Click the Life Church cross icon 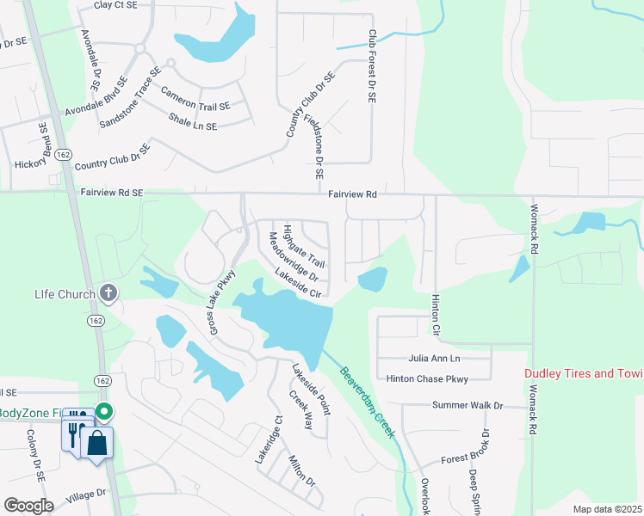108,293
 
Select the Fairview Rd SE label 113,194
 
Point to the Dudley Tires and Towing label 584,373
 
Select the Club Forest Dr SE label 373,67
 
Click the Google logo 28,506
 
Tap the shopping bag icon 97,443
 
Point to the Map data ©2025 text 606,509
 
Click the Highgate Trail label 304,246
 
